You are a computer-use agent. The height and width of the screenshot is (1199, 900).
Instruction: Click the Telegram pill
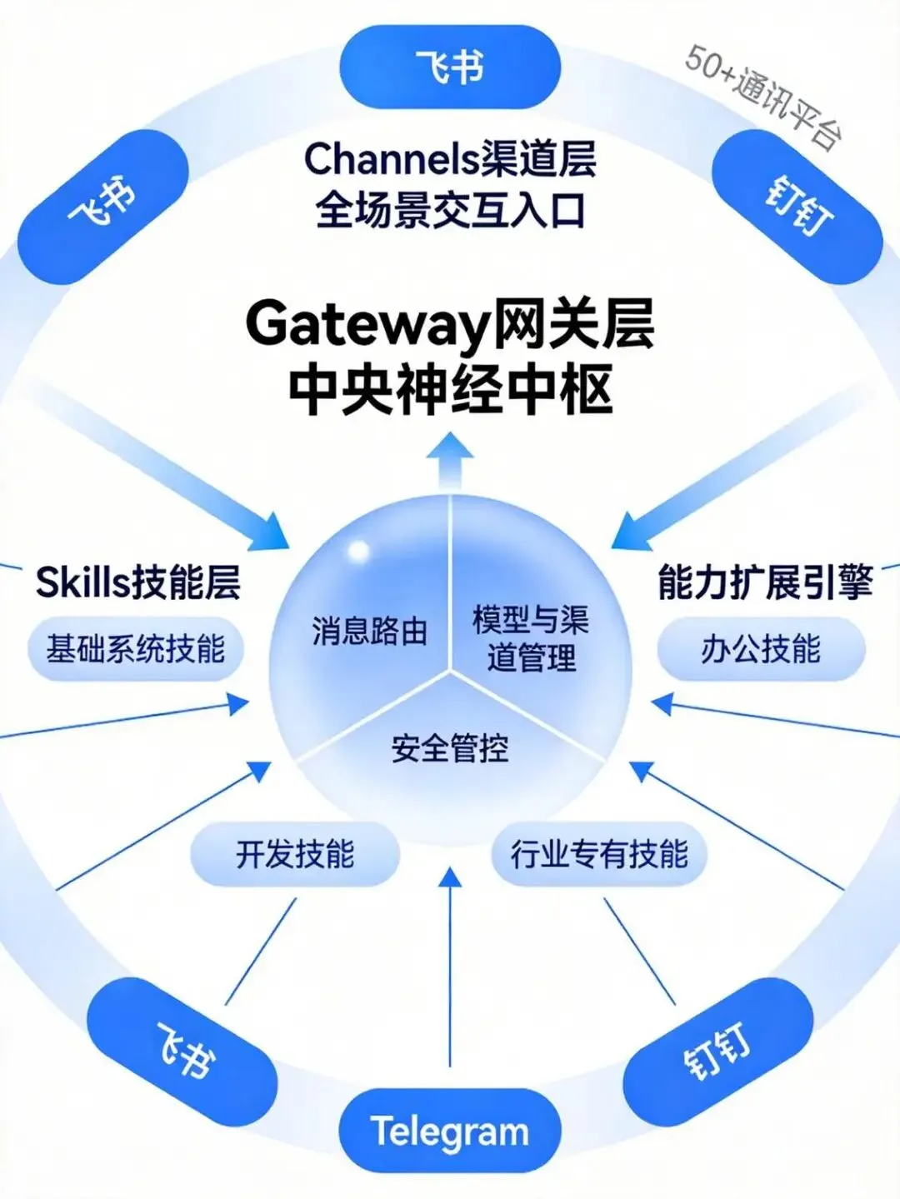click(450, 1131)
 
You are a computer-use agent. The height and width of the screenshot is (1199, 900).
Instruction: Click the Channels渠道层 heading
click(450, 158)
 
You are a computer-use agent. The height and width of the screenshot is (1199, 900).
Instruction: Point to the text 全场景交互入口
click(450, 209)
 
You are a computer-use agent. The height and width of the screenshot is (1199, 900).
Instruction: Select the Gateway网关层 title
click(450, 325)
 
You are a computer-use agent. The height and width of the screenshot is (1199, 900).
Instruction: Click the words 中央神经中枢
click(450, 388)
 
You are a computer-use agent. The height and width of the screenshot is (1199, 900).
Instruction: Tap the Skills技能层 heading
click(138, 582)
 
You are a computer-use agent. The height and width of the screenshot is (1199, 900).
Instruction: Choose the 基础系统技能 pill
click(135, 648)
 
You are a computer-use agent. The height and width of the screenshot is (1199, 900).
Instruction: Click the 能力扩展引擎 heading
click(764, 582)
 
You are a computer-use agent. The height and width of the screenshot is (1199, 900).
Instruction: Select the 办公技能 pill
click(761, 648)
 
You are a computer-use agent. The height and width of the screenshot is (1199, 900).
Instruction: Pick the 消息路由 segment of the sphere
click(369, 631)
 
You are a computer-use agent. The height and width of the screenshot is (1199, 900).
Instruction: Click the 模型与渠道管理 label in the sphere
click(531, 638)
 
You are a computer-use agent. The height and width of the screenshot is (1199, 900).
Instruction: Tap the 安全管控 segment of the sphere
click(450, 747)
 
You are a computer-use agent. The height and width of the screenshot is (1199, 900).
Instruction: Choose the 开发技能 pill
click(295, 854)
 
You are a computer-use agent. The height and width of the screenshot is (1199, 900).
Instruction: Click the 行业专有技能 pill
click(599, 854)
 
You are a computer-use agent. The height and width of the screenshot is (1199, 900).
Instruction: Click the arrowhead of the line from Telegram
click(450, 877)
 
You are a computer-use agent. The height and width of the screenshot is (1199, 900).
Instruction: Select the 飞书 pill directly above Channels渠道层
click(450, 67)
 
